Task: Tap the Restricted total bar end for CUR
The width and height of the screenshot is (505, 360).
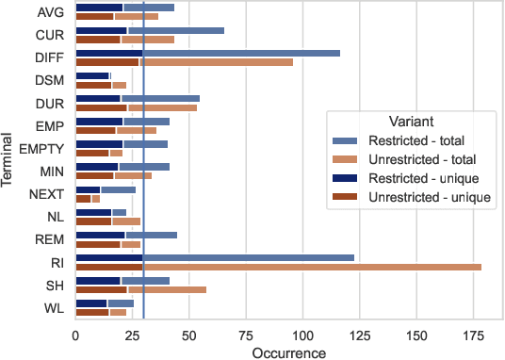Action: click(x=223, y=30)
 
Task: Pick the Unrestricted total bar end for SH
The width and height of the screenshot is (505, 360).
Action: click(x=205, y=289)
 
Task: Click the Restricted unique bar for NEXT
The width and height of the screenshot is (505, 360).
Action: click(x=88, y=189)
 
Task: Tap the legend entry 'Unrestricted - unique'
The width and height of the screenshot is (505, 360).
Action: click(x=421, y=196)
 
